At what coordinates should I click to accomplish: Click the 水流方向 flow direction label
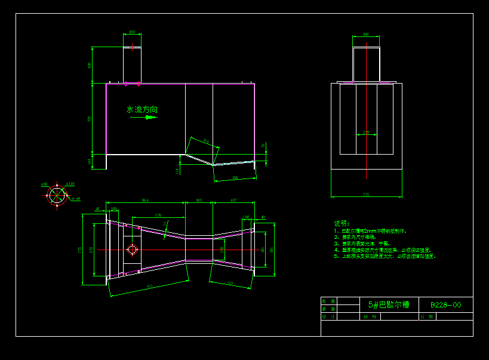coord(142,110)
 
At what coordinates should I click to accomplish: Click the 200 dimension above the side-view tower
coord(132,32)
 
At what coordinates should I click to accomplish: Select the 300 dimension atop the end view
coord(366,35)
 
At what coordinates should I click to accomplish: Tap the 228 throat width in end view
coord(366,132)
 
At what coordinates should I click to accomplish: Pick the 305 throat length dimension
coord(199,201)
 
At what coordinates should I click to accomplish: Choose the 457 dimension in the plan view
coord(233,201)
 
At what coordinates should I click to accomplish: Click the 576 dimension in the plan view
coord(158,215)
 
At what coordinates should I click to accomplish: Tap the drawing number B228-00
coord(445,305)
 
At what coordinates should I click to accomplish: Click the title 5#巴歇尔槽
coord(389,304)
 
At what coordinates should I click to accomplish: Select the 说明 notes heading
coord(341,223)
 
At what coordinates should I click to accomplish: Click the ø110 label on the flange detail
coord(70,184)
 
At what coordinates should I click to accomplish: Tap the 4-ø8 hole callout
coord(76,199)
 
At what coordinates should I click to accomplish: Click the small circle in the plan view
coord(132,249)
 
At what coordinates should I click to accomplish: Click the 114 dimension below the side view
coord(177,171)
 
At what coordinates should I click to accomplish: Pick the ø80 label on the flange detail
coord(44,185)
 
